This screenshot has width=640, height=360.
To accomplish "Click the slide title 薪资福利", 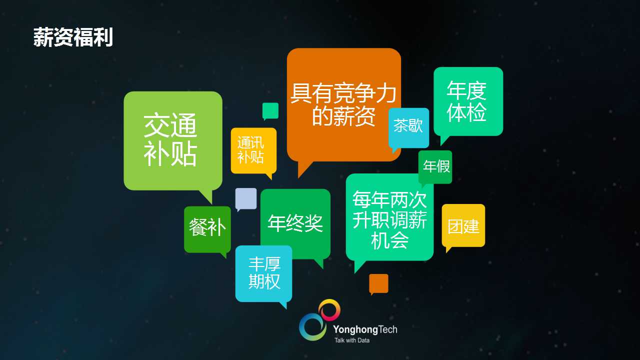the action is point(73,37).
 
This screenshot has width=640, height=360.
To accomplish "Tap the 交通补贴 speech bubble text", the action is point(170,139).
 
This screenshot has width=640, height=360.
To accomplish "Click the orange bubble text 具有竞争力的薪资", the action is point(343,104).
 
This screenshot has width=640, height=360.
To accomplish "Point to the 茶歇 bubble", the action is point(408,127).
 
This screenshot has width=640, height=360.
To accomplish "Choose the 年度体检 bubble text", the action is point(466,101).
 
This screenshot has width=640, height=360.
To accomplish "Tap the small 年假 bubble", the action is point(435,167).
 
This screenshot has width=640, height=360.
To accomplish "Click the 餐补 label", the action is point(207,227).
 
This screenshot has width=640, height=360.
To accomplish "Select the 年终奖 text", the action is point(295,223).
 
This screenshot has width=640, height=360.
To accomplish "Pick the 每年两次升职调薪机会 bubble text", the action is point(389,219).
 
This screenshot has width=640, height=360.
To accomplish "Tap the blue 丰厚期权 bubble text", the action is point(264,273).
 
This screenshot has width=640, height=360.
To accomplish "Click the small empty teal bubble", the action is point(270,110).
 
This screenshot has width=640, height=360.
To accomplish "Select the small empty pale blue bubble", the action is point(245,198).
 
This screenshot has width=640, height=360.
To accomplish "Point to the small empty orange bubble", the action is point(378,283).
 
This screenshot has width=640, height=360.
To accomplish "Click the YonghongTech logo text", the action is point(365,329).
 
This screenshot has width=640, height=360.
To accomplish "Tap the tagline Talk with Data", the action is point(351,340).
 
